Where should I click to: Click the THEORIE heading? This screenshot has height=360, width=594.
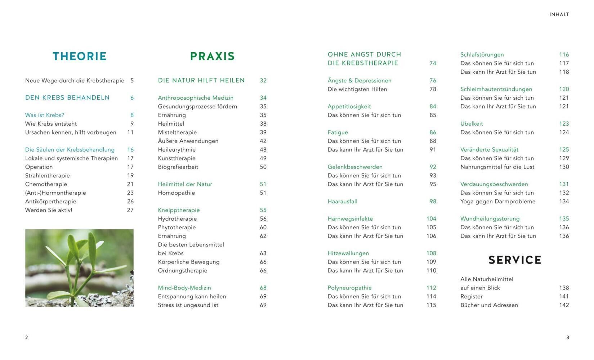click(x=80, y=57)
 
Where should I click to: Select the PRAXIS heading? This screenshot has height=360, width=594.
click(x=212, y=57)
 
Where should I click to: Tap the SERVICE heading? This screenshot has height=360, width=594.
click(x=515, y=260)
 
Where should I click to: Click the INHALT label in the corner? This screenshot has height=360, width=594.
click(x=559, y=15)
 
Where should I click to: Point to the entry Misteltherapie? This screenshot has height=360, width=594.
click(x=177, y=132)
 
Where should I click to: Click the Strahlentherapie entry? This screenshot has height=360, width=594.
click(x=47, y=176)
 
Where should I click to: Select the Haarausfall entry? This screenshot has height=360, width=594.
click(x=342, y=202)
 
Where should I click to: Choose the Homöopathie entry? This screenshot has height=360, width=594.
click(x=176, y=193)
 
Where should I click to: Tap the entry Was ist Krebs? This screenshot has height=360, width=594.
click(x=45, y=115)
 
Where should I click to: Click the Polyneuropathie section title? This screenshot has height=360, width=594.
click(x=349, y=288)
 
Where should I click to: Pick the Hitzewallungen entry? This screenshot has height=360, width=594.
click(x=348, y=253)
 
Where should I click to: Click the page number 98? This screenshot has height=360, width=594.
click(x=433, y=202)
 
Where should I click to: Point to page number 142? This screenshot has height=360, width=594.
click(x=564, y=305)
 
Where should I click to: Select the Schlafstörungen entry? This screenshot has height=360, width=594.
click(x=482, y=55)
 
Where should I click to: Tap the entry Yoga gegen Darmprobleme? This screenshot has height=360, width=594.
click(x=498, y=202)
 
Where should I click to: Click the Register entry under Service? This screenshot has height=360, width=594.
click(x=471, y=297)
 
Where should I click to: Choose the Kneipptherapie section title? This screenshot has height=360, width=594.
click(x=179, y=210)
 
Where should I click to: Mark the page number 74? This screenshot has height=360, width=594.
click(x=433, y=63)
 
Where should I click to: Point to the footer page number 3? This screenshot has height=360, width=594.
click(x=568, y=338)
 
